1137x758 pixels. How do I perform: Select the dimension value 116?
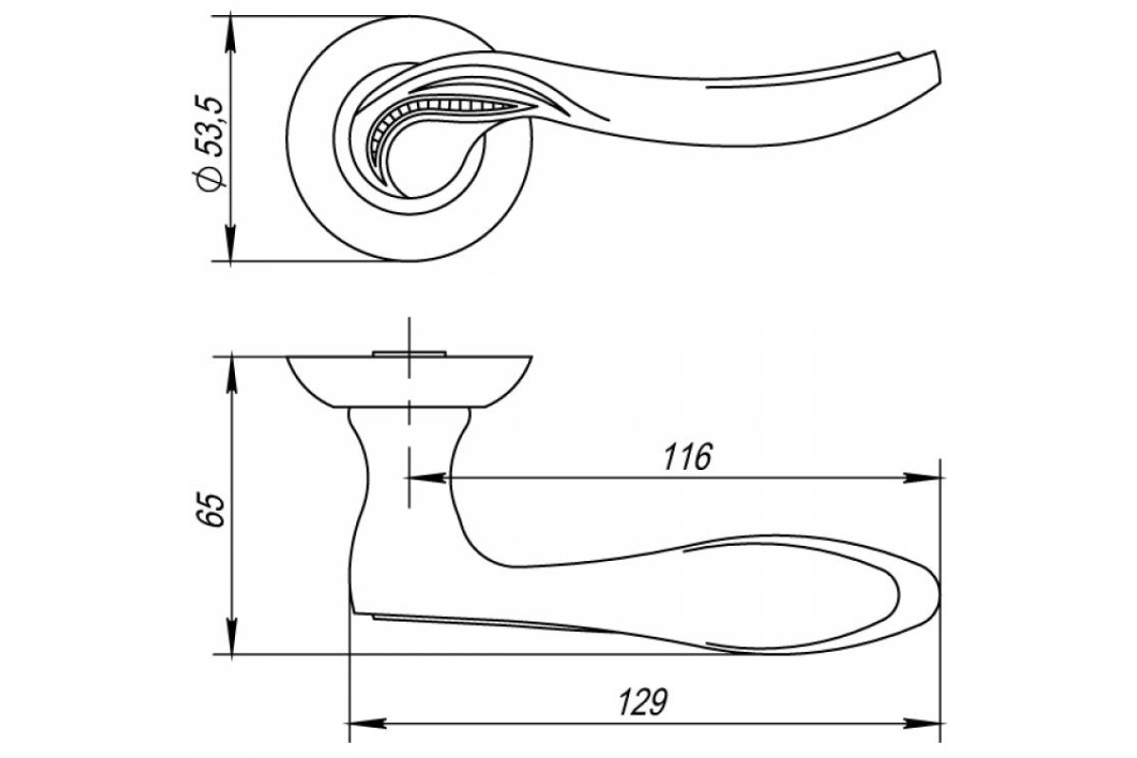(688, 458)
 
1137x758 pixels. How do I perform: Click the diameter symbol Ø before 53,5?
(209, 180)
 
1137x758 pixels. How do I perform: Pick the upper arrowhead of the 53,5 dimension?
(230, 33)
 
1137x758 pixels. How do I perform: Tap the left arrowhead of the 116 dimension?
(425, 478)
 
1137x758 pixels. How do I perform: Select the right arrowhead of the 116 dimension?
(922, 478)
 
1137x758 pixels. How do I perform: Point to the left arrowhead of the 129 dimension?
(368, 724)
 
